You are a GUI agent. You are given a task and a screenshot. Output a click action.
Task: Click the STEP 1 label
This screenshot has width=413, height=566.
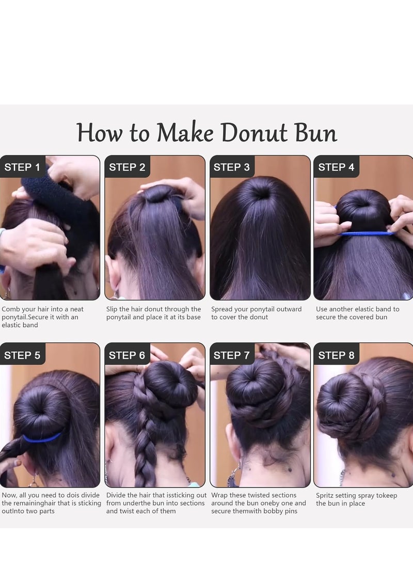click(22, 167)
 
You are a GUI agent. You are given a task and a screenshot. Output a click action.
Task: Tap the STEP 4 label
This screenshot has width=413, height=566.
click(336, 167)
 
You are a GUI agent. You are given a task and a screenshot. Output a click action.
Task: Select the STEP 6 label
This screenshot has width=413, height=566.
click(127, 355)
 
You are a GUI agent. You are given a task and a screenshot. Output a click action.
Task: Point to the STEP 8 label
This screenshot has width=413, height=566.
click(336, 355)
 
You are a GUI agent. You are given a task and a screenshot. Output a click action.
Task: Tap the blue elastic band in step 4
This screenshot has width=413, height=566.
click(367, 233)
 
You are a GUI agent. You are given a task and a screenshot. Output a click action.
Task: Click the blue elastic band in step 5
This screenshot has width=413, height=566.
click(41, 438)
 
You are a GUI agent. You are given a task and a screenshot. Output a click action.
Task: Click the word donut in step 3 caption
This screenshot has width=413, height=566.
click(258, 317)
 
